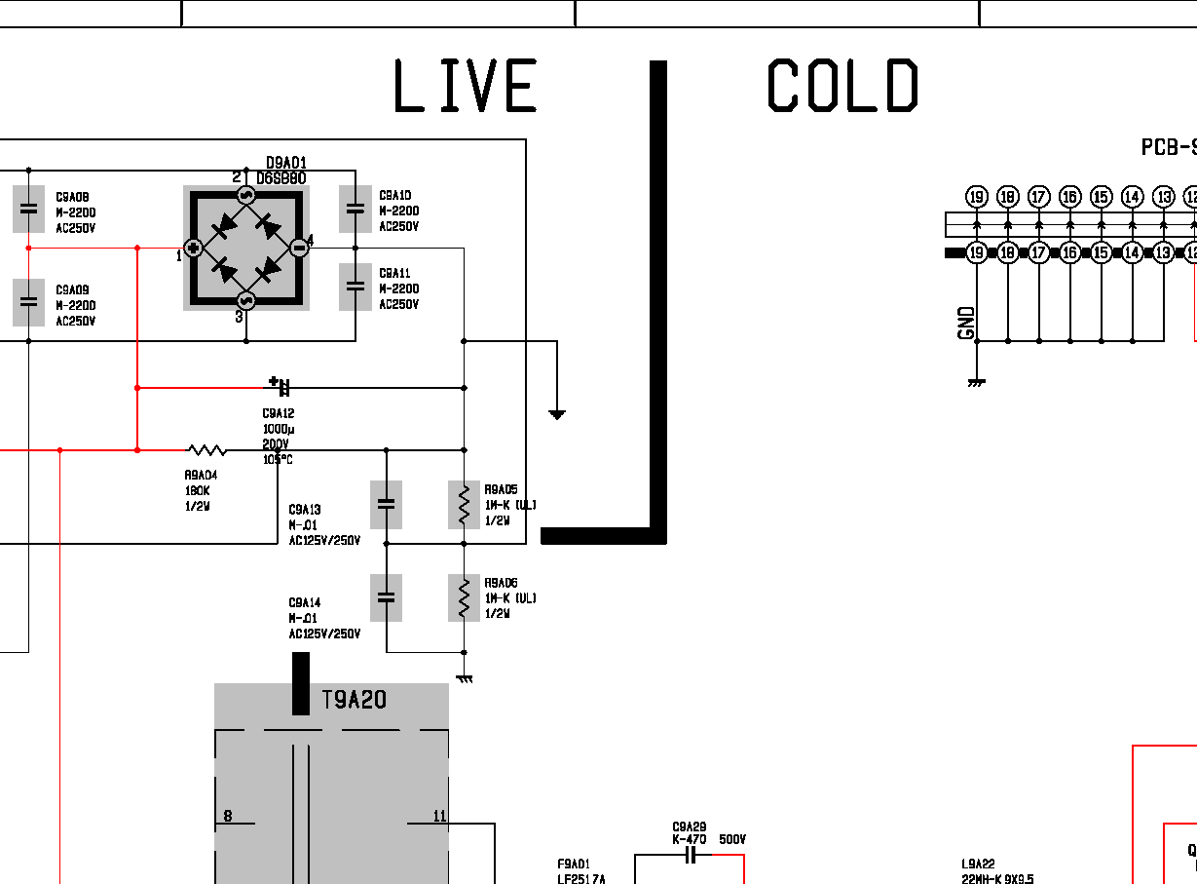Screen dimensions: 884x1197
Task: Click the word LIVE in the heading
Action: [x=465, y=86]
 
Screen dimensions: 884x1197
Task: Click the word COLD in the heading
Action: [x=842, y=86]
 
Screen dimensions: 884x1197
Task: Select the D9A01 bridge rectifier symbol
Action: [x=246, y=249]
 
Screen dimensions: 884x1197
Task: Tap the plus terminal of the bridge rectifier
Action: [x=193, y=249]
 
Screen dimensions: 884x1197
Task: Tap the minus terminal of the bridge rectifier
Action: [x=300, y=249]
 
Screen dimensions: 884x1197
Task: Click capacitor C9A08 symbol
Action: [x=29, y=209]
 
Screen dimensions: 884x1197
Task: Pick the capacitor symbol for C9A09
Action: [x=29, y=302]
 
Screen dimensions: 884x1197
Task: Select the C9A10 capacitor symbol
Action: [x=355, y=209]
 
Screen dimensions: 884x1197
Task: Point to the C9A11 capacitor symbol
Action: [x=355, y=287]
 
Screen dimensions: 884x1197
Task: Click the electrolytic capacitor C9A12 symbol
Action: [x=282, y=387]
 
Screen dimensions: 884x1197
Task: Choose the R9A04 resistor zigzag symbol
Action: [x=207, y=450]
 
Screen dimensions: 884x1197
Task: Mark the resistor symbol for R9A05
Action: [x=464, y=505]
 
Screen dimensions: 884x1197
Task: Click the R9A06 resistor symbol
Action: [x=464, y=597]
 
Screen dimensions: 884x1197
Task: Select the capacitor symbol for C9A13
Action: [x=387, y=505]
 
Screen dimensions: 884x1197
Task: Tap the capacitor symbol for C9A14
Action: [x=387, y=597]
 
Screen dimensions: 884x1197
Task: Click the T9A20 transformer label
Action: [x=354, y=700]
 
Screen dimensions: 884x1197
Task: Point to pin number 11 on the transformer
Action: [x=439, y=816]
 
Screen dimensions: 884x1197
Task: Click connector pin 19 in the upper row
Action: [x=977, y=197]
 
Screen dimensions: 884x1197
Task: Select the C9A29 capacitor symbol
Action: [x=692, y=856]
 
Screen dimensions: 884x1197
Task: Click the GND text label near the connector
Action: [x=967, y=323]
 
